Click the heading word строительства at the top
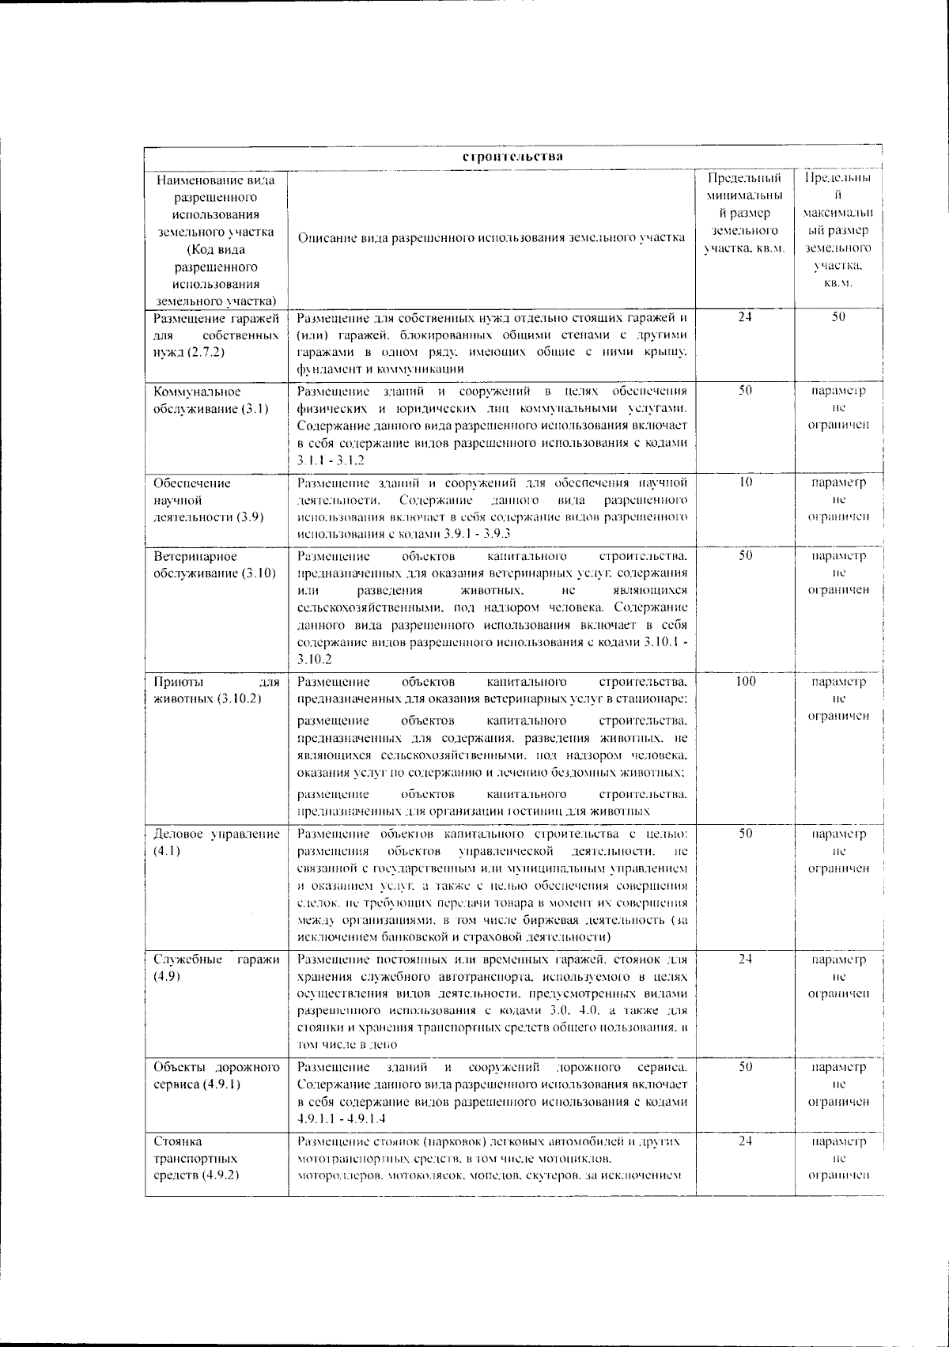(512, 156)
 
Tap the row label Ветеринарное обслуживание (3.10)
(214, 564)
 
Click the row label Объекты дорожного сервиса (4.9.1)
(216, 1075)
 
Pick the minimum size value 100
(745, 681)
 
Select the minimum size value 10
(745, 482)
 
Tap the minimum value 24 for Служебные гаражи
(745, 959)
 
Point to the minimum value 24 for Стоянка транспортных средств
(745, 1141)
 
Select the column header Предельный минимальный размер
(745, 214)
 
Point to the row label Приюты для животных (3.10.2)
(216, 690)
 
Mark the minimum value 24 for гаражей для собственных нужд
(745, 317)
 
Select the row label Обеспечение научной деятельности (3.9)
(209, 500)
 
